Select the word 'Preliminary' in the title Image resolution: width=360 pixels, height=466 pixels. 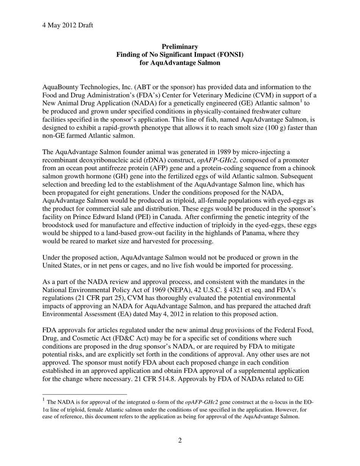click(x=180, y=47)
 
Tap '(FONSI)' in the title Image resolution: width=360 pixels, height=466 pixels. click(x=230, y=55)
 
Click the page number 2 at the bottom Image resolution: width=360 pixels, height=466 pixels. click(x=180, y=440)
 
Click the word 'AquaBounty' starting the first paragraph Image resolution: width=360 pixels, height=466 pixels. click(x=60, y=87)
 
